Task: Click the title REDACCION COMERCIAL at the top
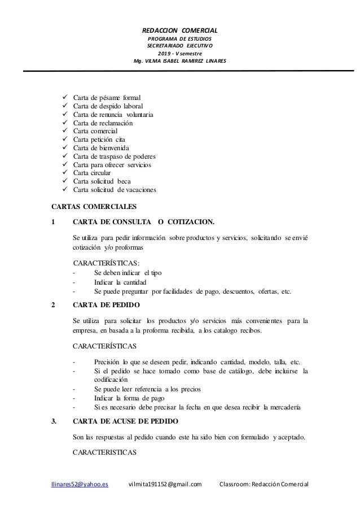180,30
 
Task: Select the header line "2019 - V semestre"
180,53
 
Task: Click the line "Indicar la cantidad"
120,282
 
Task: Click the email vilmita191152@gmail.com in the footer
165,484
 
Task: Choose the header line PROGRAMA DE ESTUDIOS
180,38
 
